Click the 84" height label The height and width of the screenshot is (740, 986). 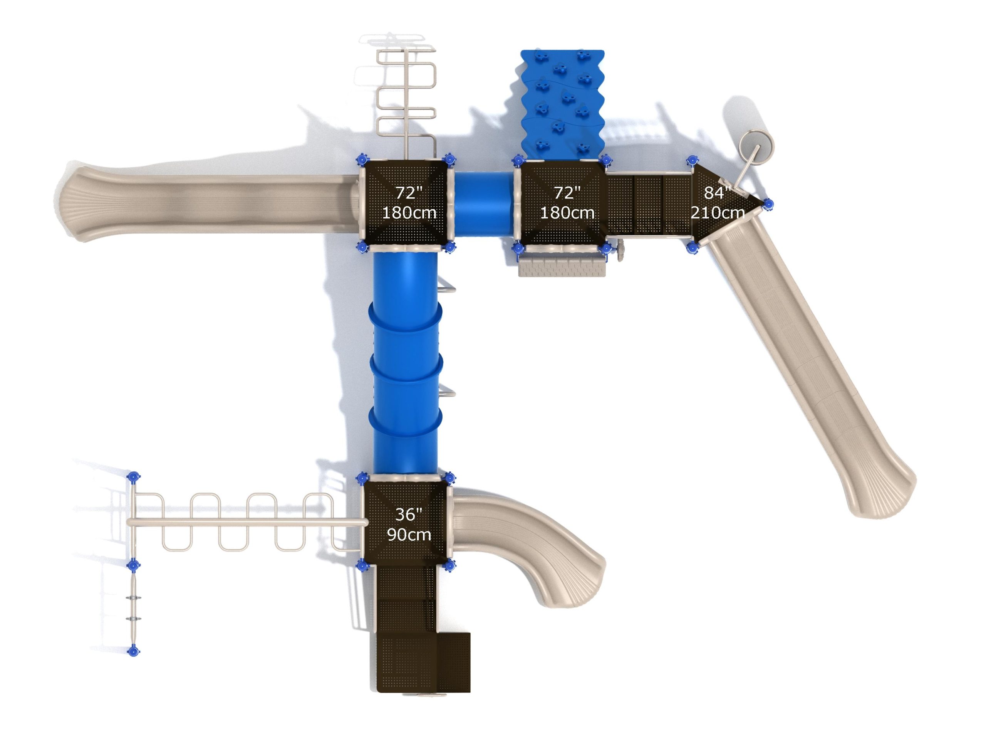pyautogui.click(x=717, y=193)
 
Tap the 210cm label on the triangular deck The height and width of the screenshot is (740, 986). pyautogui.click(x=717, y=213)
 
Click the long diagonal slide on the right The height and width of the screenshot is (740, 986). pyautogui.click(x=807, y=366)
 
